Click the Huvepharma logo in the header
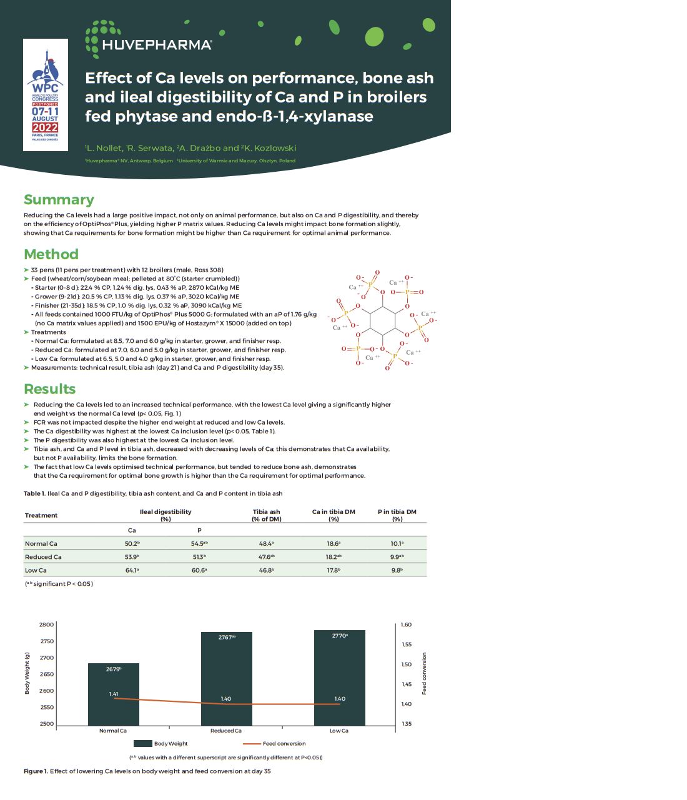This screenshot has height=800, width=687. coord(149,37)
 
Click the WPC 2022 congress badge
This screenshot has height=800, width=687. coord(46,94)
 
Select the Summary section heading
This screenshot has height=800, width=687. coord(59,200)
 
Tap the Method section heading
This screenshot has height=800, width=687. coord(51,254)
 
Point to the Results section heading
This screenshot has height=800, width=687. coord(50,389)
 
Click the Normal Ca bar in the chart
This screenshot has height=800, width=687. coord(113,693)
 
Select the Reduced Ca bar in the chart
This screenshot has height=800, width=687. coord(226,678)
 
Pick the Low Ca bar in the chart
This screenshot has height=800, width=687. coord(339,677)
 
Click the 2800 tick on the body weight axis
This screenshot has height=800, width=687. coord(47,625)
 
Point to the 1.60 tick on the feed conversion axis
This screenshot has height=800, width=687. coord(406,625)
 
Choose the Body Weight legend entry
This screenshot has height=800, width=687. coord(170,744)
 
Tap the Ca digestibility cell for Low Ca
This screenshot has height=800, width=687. coord(132,570)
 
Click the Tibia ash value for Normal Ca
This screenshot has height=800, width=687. coord(266,544)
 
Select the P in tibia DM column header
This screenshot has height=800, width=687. coord(397,515)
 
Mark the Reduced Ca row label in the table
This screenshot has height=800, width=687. coord(43,557)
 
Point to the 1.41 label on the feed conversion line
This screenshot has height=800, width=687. coord(114,694)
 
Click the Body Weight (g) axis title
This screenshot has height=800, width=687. coord(27,673)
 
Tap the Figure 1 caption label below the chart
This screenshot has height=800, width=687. coord(36,771)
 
